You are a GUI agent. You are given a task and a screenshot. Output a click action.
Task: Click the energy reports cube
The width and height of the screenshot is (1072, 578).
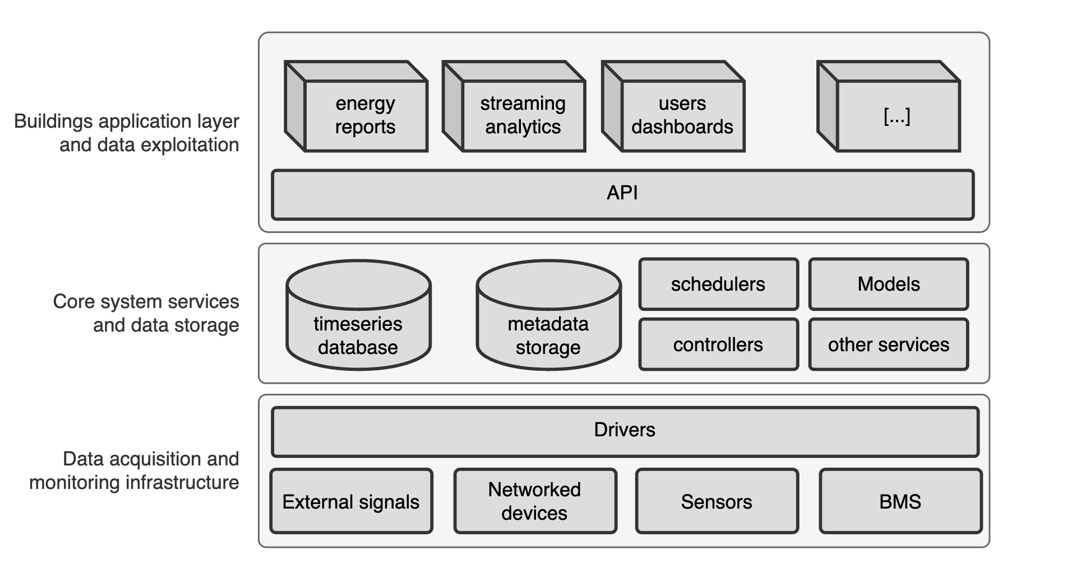pyautogui.click(x=365, y=115)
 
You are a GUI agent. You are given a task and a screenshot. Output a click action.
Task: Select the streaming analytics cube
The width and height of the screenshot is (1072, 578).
pyautogui.click(x=523, y=115)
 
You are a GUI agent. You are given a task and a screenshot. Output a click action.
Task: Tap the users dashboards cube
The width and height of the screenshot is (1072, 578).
pyautogui.click(x=682, y=115)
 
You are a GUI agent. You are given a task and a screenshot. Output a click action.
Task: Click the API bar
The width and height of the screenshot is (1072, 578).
pyautogui.click(x=622, y=194)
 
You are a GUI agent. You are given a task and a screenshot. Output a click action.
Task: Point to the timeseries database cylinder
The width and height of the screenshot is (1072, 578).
pyautogui.click(x=358, y=325)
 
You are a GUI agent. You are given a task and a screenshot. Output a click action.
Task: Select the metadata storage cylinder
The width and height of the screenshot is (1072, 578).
pyautogui.click(x=548, y=325)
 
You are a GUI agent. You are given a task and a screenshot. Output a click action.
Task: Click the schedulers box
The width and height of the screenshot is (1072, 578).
pyautogui.click(x=718, y=284)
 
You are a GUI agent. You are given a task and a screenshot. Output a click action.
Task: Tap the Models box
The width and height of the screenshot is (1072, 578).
pyautogui.click(x=888, y=284)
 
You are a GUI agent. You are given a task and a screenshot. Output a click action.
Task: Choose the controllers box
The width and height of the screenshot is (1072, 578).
pyautogui.click(x=718, y=344)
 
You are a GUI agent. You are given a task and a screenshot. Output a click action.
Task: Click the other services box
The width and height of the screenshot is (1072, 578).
pyautogui.click(x=888, y=344)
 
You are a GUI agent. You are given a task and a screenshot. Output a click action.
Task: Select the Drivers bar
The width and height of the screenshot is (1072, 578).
pyautogui.click(x=625, y=431)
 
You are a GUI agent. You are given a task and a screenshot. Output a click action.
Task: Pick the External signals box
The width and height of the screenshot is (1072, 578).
pyautogui.click(x=351, y=501)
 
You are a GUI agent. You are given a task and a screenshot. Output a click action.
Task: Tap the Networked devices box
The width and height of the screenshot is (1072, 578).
pyautogui.click(x=534, y=501)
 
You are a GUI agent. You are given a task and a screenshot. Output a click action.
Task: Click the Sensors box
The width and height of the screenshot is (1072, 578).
pyautogui.click(x=717, y=501)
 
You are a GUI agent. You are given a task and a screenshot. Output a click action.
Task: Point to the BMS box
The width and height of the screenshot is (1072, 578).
pyautogui.click(x=900, y=501)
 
